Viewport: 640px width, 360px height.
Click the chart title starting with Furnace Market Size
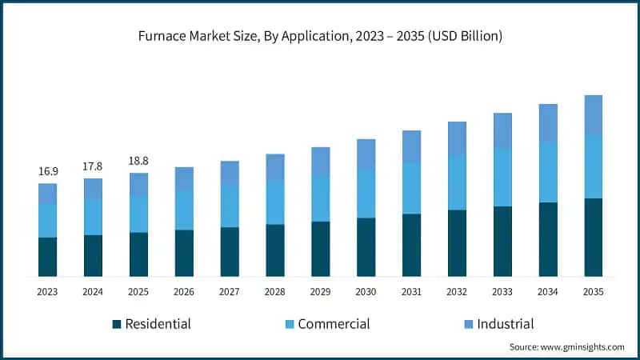320,36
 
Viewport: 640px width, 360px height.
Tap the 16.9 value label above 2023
47,171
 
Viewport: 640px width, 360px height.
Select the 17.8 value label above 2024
93,166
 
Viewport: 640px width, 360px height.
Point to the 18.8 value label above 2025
138,161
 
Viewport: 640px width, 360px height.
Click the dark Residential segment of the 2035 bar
593,238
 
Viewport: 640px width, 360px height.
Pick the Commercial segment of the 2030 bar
366,193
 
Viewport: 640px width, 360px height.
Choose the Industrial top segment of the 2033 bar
502,130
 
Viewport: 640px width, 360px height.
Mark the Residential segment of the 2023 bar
47,257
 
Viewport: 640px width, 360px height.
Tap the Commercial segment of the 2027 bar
230,206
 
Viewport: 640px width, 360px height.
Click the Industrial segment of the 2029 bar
320,162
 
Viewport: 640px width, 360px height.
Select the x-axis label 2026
184,293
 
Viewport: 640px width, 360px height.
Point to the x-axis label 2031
411,293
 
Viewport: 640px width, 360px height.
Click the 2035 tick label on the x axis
593,293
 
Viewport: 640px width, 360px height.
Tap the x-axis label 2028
275,293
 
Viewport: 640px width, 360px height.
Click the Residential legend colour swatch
117,324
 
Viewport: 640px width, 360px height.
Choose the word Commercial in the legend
334,324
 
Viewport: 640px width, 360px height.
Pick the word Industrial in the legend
505,324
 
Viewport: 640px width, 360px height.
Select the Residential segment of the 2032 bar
457,243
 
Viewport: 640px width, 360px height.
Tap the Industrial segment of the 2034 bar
548,122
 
